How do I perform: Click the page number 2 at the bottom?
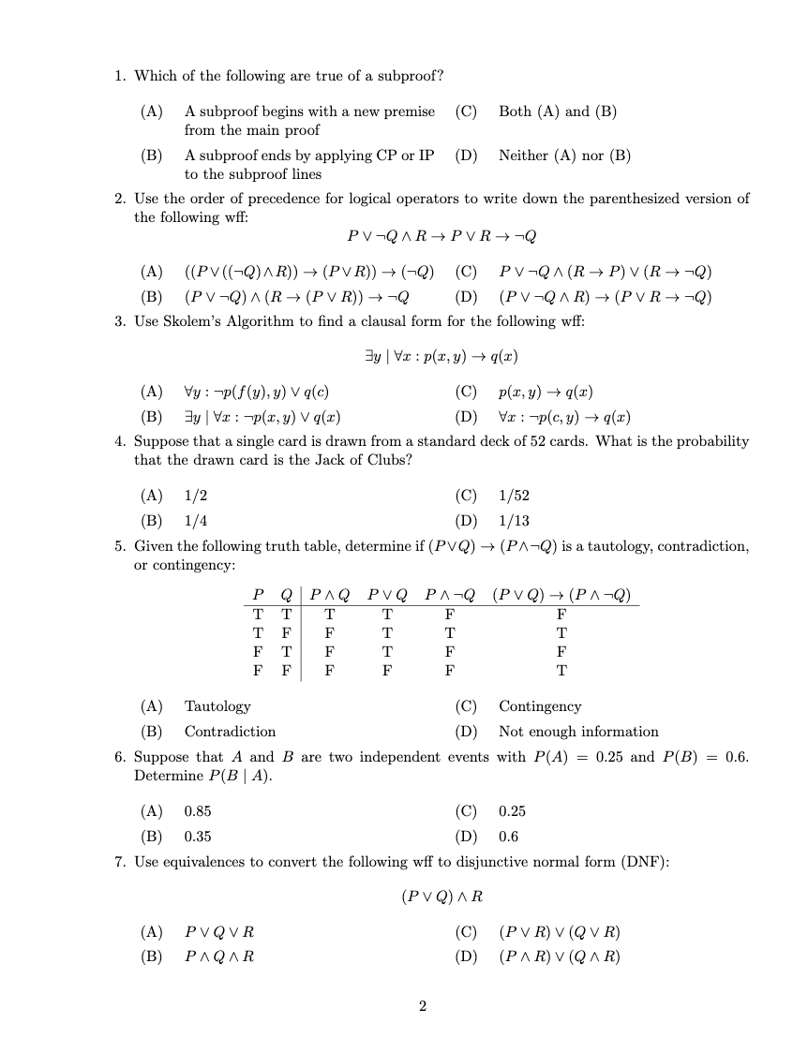[x=422, y=1006]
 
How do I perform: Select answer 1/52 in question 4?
[x=515, y=496]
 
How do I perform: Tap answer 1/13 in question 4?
[x=515, y=521]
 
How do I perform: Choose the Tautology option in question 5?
[x=217, y=706]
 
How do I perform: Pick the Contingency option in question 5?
[x=540, y=706]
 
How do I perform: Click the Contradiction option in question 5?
[x=230, y=732]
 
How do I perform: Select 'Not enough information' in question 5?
[x=578, y=732]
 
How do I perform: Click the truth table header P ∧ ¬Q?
[x=450, y=595]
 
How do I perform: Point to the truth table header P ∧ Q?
[x=330, y=595]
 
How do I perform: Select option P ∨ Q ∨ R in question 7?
[x=219, y=932]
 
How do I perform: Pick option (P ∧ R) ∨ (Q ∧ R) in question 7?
[x=560, y=957]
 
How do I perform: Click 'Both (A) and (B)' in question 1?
[x=558, y=111]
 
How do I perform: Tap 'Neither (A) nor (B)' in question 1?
[x=564, y=156]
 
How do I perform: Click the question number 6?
[x=121, y=757]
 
